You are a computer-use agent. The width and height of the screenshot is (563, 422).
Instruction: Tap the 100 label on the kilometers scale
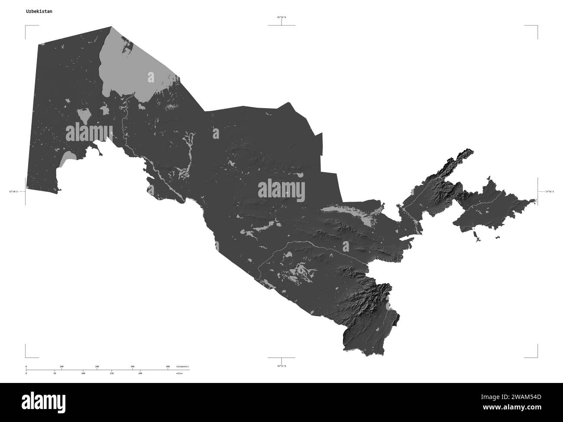tap(61, 366)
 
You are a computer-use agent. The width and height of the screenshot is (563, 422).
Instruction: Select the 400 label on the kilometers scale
tap(168, 366)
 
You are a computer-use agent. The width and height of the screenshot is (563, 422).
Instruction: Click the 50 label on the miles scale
tap(55, 373)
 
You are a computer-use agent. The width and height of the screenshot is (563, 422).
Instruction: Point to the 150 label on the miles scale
tap(111, 373)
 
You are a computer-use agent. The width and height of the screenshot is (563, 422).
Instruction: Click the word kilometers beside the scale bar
tap(182, 366)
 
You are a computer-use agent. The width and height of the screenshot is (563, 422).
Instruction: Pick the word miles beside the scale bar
tap(179, 373)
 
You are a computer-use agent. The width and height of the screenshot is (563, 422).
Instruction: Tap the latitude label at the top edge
tap(281, 17)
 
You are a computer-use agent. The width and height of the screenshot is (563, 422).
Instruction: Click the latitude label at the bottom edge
tap(281, 366)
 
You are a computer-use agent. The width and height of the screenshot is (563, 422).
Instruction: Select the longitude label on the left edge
tap(13, 191)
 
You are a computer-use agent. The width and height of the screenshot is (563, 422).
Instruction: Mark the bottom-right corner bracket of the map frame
tap(537, 357)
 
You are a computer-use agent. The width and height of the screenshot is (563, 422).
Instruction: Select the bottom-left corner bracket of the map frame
tap(26, 357)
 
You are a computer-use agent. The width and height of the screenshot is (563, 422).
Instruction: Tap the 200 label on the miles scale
tap(140, 373)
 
